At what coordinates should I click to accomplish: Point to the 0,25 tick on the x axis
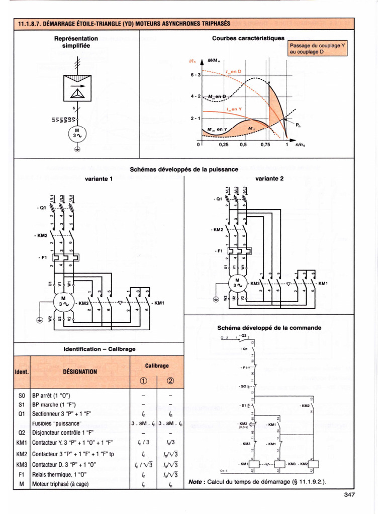224,145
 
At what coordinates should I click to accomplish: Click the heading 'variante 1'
99,178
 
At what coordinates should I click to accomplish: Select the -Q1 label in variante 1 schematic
41,206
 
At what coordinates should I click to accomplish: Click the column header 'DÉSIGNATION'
80,372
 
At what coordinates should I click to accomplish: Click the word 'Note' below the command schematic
197,482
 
